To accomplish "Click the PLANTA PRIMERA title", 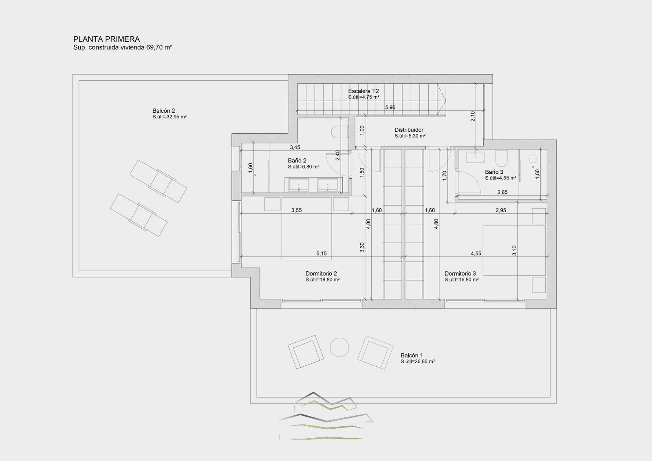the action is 106,39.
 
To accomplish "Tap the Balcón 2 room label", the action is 163,111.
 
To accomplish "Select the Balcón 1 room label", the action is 412,355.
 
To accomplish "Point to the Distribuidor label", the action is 409,130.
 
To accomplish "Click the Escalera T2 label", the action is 363,91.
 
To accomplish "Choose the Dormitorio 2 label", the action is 321,274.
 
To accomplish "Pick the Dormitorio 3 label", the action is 460,274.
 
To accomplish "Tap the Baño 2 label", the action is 297,161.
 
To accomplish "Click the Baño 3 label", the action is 494,172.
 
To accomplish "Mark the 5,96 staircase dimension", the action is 390,108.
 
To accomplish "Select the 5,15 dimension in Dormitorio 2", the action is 322,254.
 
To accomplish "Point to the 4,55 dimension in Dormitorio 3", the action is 476,254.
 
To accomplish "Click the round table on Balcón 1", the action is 339,347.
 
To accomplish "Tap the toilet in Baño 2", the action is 340,132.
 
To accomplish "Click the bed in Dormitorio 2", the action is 307,229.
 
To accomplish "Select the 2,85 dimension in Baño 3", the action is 502,192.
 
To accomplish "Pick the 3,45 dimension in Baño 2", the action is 295,147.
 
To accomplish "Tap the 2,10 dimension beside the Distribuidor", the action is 473,116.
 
